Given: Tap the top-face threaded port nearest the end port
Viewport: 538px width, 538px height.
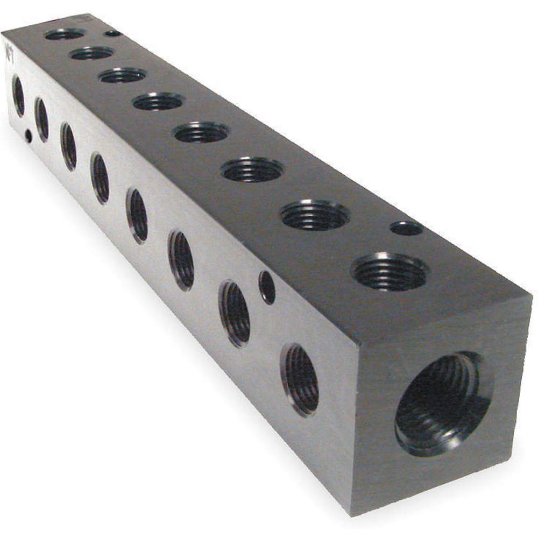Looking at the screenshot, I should [x=390, y=271].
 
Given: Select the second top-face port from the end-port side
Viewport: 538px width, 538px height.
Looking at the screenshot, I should [x=315, y=215].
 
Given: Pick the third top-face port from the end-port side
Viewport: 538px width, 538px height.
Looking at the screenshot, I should [x=252, y=169].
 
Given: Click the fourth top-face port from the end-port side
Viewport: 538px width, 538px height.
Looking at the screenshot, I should [x=202, y=132].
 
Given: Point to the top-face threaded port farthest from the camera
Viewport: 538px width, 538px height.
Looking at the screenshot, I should [x=65, y=34].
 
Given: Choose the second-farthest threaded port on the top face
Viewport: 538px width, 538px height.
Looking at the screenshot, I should [x=92, y=53].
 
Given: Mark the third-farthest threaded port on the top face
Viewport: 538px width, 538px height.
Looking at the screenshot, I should [x=123, y=75].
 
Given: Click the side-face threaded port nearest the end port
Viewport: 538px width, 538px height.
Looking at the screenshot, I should [x=300, y=379].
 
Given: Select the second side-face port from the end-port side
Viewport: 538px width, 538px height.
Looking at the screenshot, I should [x=235, y=314].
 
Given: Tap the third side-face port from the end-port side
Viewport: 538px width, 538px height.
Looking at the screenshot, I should [x=181, y=260].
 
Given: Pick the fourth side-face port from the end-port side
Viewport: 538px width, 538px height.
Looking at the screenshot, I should [x=137, y=215].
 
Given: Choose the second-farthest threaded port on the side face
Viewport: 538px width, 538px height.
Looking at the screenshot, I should [x=42, y=119].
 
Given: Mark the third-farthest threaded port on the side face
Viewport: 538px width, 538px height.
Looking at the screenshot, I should [x=68, y=146].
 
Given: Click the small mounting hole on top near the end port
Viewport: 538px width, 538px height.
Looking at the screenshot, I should [x=406, y=228].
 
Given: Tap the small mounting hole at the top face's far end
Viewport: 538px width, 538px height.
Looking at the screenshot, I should [x=113, y=33].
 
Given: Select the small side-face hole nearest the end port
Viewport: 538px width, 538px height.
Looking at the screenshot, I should [x=267, y=287].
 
